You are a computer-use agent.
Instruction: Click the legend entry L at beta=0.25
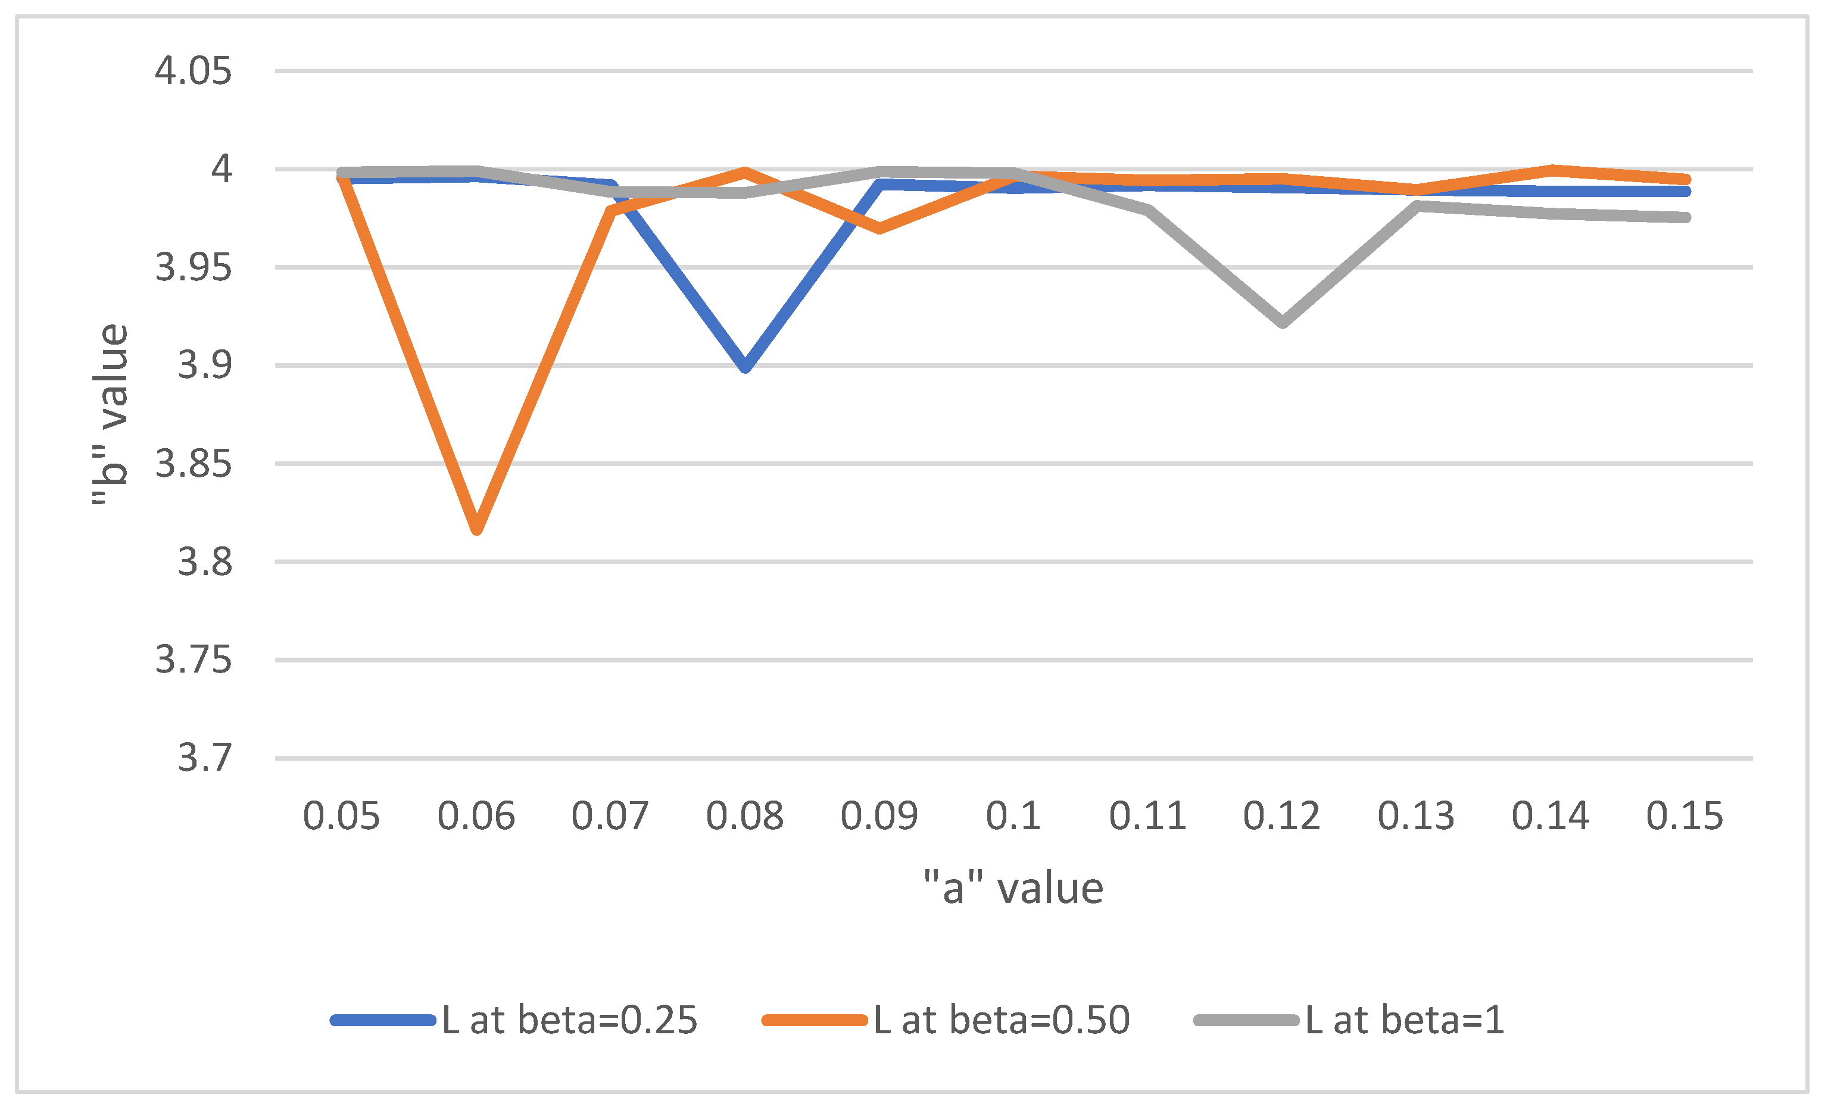pyautogui.click(x=514, y=1020)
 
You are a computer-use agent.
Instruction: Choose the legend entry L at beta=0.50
pyautogui.click(x=946, y=1020)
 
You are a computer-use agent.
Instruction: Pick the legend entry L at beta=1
pyautogui.click(x=1349, y=1020)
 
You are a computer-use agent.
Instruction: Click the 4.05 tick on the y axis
pyautogui.click(x=193, y=71)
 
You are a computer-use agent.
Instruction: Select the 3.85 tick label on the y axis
pyautogui.click(x=193, y=464)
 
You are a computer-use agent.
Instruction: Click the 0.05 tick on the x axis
pyautogui.click(x=342, y=816)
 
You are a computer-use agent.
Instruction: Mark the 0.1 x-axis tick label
pyautogui.click(x=1013, y=816)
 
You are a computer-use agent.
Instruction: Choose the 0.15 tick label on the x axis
pyautogui.click(x=1685, y=816)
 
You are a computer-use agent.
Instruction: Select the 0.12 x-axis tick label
pyautogui.click(x=1282, y=816)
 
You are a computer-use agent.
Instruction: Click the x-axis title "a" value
pyautogui.click(x=1013, y=888)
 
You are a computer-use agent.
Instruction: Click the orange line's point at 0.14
pyautogui.click(x=1552, y=171)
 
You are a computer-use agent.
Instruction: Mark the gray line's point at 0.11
pyautogui.click(x=1149, y=210)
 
